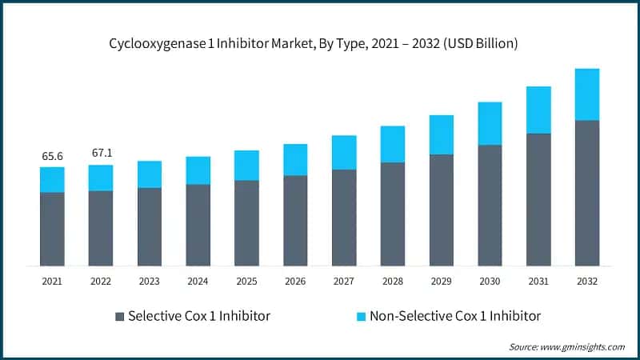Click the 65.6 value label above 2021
(x=52, y=155)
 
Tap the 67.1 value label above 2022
(x=101, y=153)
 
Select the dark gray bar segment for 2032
(x=586, y=193)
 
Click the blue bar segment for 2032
(x=586, y=94)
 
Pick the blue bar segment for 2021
(x=52, y=179)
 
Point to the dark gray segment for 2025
(x=246, y=222)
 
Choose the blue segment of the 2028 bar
(x=392, y=144)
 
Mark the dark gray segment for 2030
(x=490, y=205)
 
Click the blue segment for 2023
(x=150, y=174)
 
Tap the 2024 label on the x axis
(x=198, y=281)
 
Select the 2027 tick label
(x=343, y=281)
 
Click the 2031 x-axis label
(x=538, y=281)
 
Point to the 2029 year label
(x=441, y=281)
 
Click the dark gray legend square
(x=120, y=316)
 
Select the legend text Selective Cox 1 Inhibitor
(x=199, y=316)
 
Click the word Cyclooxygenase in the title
(x=153, y=43)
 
